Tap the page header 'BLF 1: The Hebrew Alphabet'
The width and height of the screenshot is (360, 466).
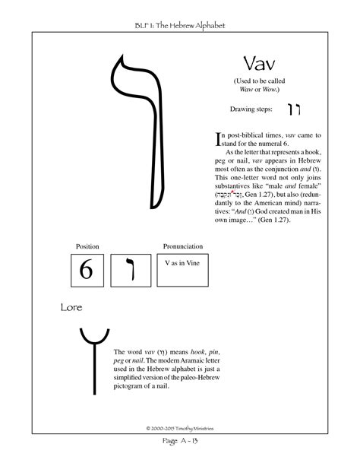point(179,26)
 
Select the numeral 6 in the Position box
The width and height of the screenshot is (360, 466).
point(86,270)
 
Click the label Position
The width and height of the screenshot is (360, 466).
point(87,246)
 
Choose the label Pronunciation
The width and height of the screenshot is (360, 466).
point(183,246)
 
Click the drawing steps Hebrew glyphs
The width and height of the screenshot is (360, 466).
point(293,108)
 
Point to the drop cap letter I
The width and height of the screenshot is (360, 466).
point(219,138)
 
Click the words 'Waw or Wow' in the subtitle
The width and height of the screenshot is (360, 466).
point(256,90)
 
